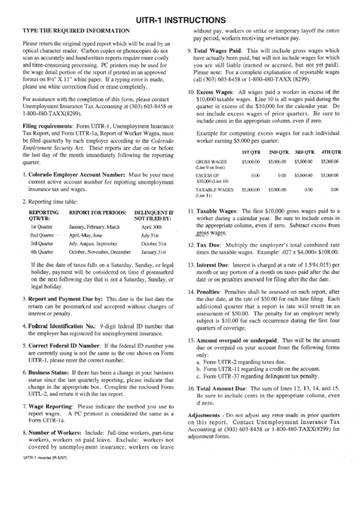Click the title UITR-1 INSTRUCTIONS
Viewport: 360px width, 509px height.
pyautogui.click(x=180, y=20)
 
